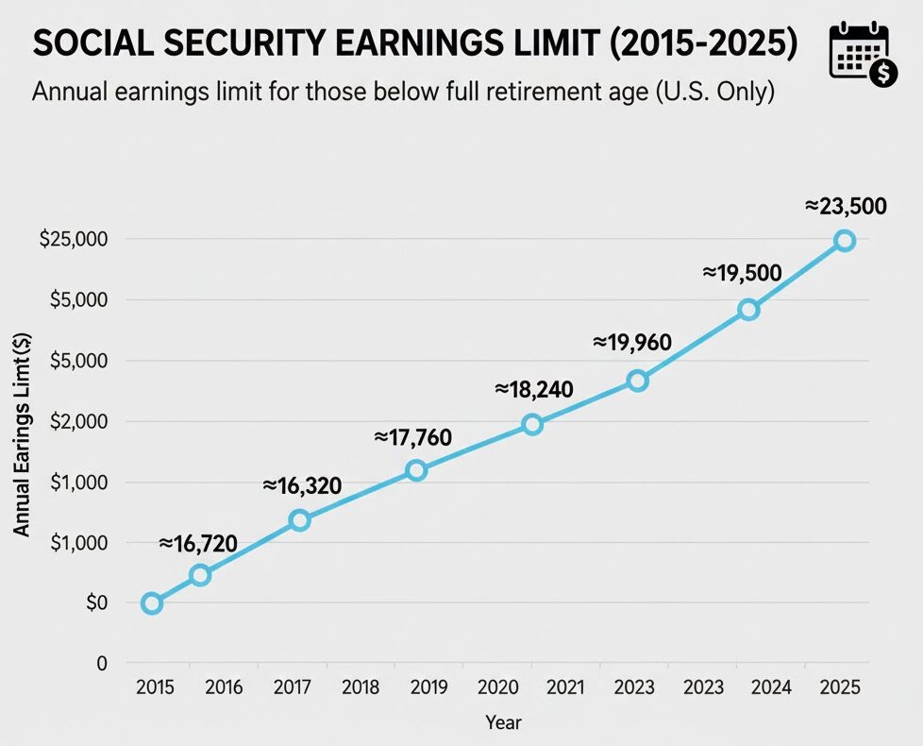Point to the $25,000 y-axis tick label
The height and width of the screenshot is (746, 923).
(74, 240)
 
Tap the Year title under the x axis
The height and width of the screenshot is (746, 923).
(502, 722)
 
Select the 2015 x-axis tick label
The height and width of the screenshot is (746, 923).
(155, 687)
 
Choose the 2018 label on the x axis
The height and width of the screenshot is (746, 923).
(361, 687)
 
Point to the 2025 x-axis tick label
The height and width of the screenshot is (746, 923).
(840, 687)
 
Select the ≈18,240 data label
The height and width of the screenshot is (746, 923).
(534, 389)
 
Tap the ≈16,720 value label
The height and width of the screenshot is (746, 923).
(198, 542)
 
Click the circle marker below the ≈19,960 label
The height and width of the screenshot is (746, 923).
(638, 381)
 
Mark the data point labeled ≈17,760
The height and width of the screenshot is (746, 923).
(416, 470)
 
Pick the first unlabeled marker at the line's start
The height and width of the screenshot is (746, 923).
(151, 603)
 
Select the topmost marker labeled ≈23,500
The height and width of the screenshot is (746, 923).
(845, 241)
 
